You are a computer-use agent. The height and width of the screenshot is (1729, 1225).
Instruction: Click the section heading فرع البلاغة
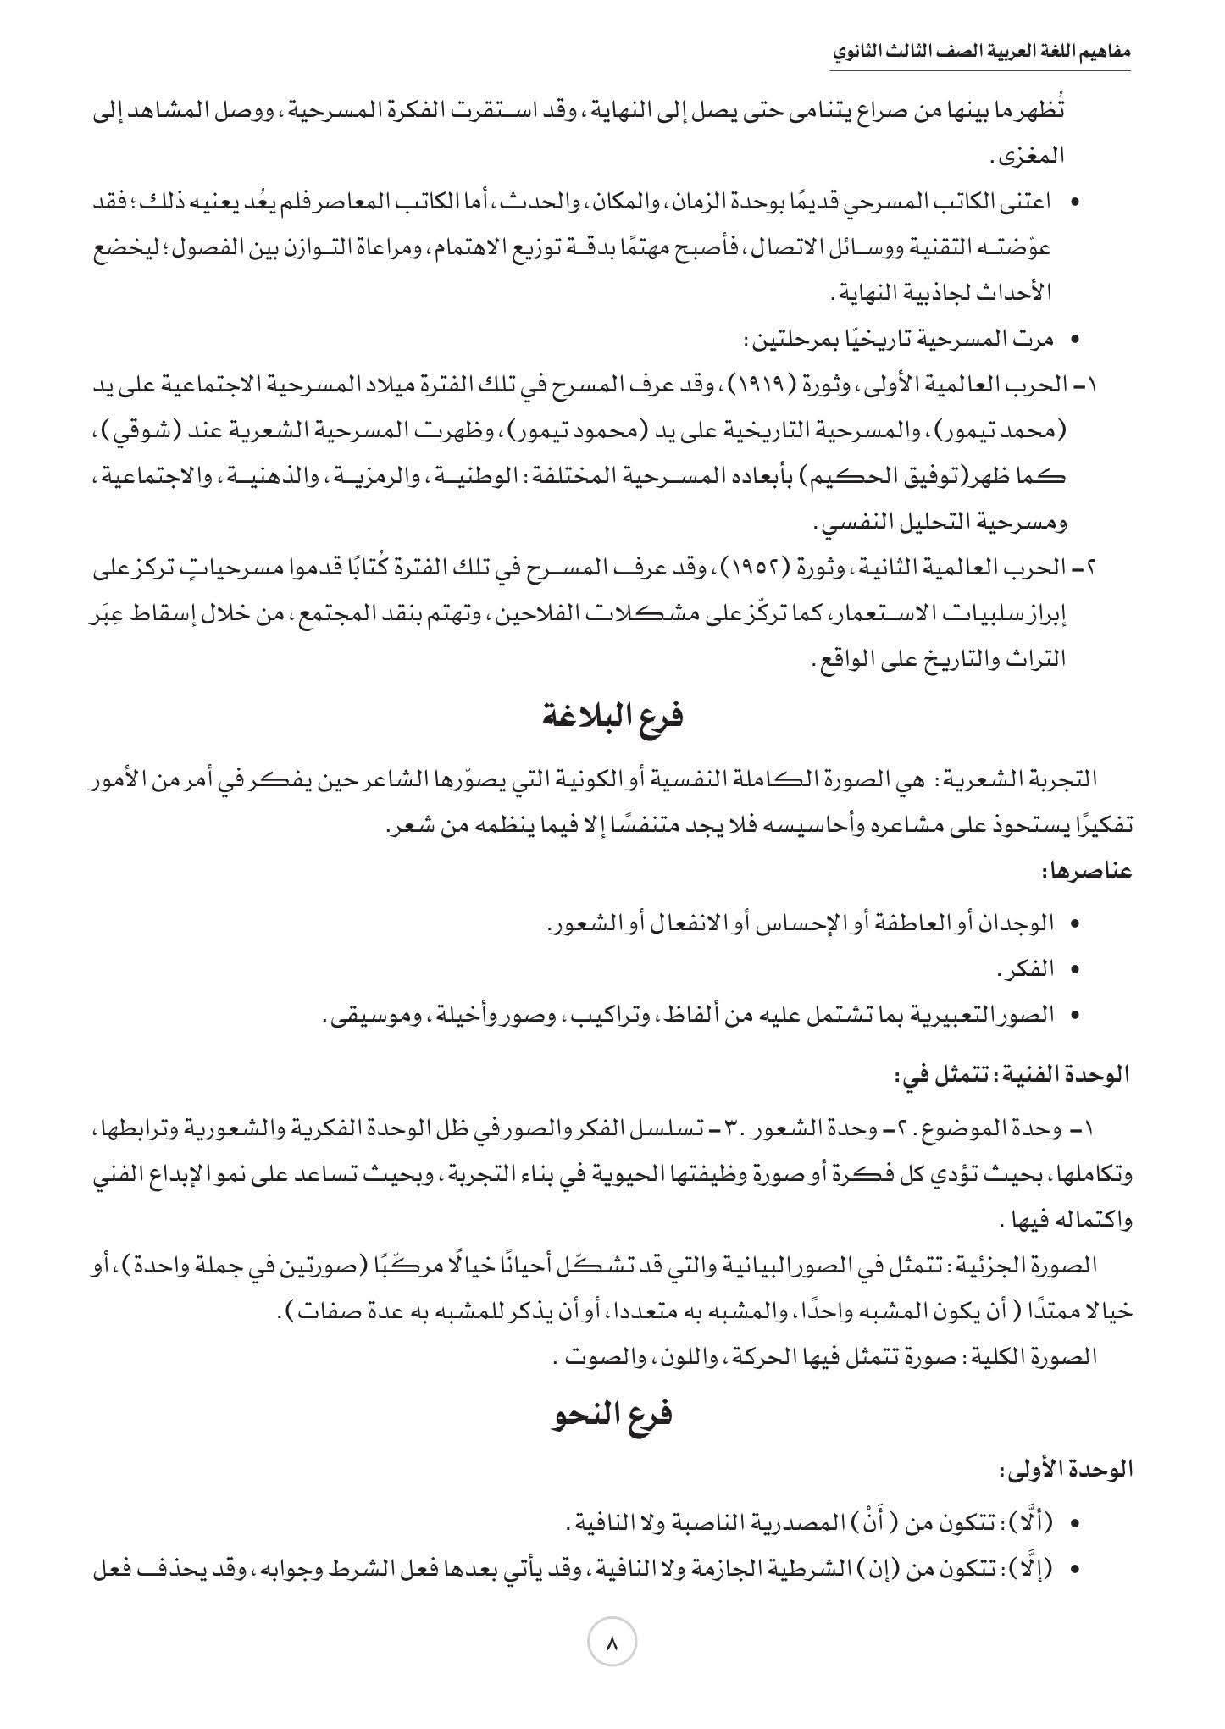[x=612, y=717]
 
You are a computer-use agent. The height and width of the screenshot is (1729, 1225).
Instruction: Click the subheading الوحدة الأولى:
[x=1067, y=1470]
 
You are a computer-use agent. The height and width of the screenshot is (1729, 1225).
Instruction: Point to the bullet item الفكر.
[x=1029, y=968]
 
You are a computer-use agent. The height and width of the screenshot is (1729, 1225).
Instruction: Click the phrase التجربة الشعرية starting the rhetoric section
[x=1035, y=778]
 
